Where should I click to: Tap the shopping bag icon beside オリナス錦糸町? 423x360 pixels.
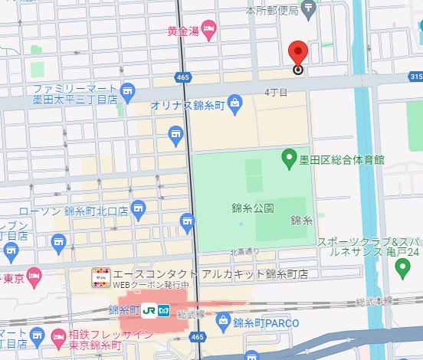(x=234, y=106)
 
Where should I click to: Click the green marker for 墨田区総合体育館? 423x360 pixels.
(x=289, y=159)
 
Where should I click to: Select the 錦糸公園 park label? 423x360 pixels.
(x=252, y=208)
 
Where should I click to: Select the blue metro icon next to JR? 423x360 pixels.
(x=163, y=310)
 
